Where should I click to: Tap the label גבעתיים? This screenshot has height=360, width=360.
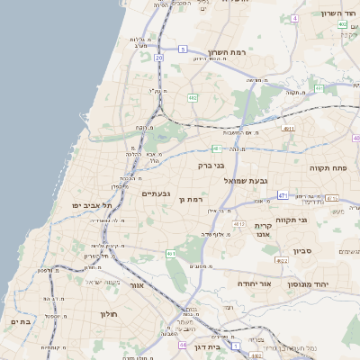(157, 193)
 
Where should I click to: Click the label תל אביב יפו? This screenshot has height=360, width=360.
(90, 205)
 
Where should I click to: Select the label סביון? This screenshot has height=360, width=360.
(301, 251)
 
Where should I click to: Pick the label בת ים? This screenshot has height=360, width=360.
(21, 320)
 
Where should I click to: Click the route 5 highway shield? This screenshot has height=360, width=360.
(183, 49)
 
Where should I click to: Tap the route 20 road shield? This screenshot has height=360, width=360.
(158, 58)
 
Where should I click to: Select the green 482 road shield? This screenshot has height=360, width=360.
(193, 97)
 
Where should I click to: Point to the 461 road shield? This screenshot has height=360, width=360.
(217, 148)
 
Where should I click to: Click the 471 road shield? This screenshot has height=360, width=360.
(283, 194)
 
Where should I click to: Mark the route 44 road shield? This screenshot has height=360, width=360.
(183, 344)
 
